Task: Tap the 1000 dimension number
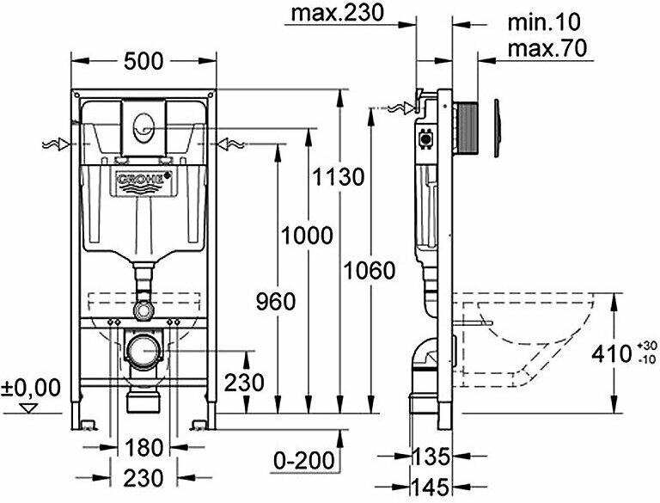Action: (x=305, y=234)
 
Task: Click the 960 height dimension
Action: (x=275, y=301)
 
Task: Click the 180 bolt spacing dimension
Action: (x=141, y=448)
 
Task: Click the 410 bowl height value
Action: (x=612, y=353)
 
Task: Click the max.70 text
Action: (x=547, y=48)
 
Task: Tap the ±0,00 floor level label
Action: (x=32, y=388)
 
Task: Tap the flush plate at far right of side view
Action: (x=497, y=129)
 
